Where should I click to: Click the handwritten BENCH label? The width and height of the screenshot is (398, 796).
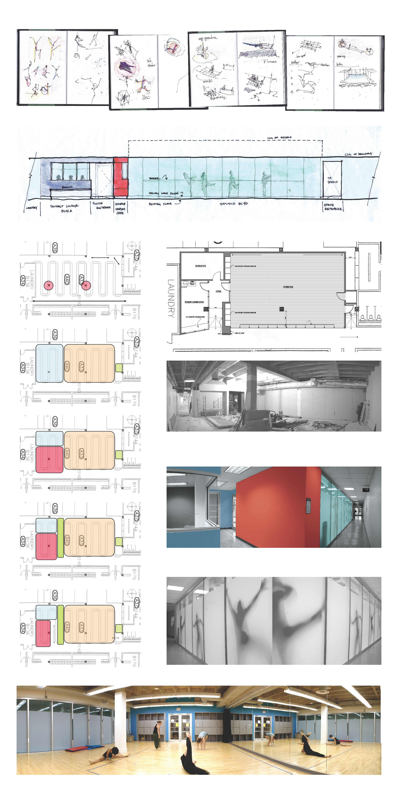pyautogui.click(x=67, y=187)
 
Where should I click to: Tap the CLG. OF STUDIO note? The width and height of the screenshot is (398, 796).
pyautogui.click(x=279, y=137)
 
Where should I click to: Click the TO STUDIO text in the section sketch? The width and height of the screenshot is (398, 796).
pyautogui.click(x=332, y=180)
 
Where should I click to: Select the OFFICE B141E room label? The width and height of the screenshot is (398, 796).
pyautogui.click(x=200, y=266)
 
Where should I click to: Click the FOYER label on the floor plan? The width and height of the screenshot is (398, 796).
pyautogui.click(x=219, y=291)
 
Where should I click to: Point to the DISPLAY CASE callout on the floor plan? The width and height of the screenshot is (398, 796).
pyautogui.click(x=240, y=333)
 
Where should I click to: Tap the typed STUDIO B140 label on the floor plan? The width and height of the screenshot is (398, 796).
pyautogui.click(x=288, y=287)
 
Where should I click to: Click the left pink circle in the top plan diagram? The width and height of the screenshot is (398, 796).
pyautogui.click(x=48, y=285)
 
